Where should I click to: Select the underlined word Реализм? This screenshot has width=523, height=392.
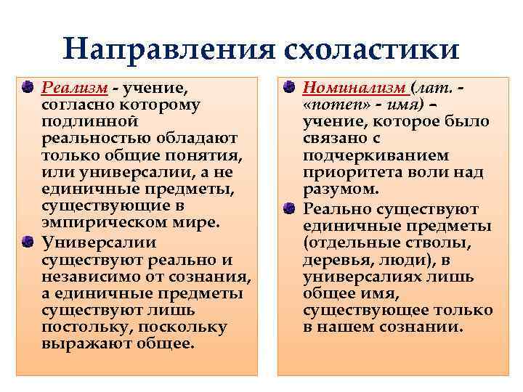(75, 88)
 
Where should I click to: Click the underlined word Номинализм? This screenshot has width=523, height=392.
(354, 88)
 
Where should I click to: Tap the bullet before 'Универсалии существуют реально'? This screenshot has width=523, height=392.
(27, 241)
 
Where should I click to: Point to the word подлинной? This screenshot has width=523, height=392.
(81, 122)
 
